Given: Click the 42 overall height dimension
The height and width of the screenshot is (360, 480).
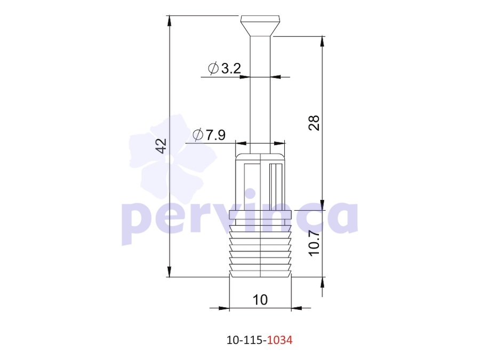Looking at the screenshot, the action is (161, 146).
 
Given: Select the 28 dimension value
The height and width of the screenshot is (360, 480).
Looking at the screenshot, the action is (314, 123).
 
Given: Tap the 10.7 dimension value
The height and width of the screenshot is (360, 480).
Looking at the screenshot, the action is (314, 243).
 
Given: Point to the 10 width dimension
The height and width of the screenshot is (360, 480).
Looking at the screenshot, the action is (260, 300).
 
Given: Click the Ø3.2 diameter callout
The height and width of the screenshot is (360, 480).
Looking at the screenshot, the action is (225, 68).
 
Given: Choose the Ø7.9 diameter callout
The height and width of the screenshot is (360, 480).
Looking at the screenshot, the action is (209, 134).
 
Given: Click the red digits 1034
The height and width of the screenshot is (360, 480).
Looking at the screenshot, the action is (280, 340).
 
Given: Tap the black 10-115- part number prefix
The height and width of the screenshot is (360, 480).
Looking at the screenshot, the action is (247, 340).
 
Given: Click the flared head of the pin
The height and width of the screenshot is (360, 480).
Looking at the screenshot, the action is (260, 26).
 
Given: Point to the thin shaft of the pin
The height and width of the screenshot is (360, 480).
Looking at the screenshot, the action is (260, 95).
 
